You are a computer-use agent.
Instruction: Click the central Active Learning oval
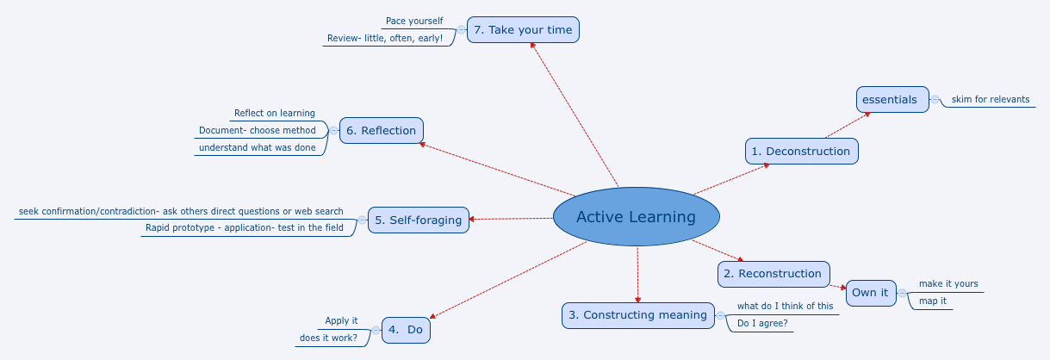click(636, 216)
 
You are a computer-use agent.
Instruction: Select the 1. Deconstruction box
click(801, 151)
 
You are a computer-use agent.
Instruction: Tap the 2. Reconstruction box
click(774, 274)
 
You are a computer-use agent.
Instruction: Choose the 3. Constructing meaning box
click(638, 315)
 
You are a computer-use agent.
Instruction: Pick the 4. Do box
click(405, 330)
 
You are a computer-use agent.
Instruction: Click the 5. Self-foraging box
click(419, 220)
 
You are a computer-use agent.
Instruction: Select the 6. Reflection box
click(381, 131)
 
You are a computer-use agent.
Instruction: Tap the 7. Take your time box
click(523, 30)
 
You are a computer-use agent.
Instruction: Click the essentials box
click(892, 99)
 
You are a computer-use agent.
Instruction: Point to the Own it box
click(870, 293)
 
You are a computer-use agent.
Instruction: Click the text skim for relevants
click(990, 99)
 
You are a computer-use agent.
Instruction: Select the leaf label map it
click(933, 301)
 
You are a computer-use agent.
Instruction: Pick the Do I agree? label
click(762, 324)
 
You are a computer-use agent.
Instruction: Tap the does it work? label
click(328, 338)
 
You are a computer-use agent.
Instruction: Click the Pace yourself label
click(413, 21)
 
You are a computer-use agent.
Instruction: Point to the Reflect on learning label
click(274, 113)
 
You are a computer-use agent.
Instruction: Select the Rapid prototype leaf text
click(244, 228)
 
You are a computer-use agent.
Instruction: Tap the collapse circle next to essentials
click(935, 99)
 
